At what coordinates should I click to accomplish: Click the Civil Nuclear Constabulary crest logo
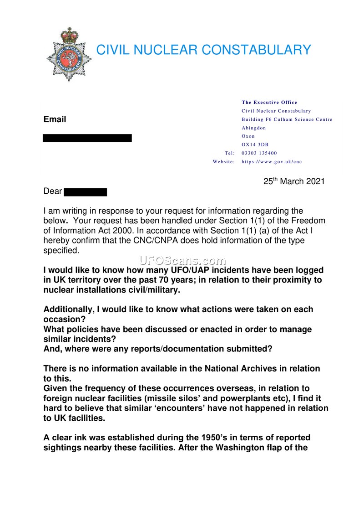point(69,54)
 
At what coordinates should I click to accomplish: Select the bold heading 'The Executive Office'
point(269,103)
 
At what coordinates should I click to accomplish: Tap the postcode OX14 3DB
point(255,144)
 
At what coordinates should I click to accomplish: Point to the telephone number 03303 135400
point(259,153)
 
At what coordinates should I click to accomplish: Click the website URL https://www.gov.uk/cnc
point(272,161)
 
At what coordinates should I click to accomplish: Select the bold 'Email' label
point(55,119)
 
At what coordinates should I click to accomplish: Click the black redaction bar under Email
point(87,138)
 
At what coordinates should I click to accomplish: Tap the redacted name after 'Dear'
point(85,192)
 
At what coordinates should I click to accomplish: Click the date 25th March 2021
point(294,181)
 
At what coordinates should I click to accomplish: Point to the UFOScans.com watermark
point(182,261)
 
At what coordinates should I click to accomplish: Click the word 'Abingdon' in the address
point(254,128)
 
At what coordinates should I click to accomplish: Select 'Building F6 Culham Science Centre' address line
point(287,119)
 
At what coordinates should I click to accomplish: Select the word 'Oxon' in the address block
point(248,136)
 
